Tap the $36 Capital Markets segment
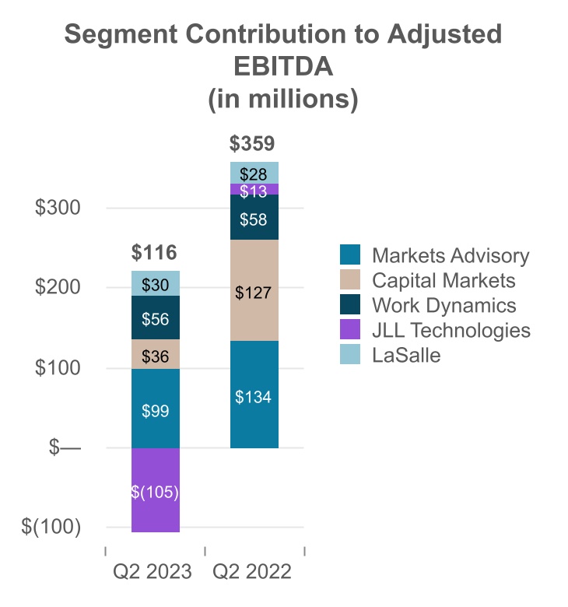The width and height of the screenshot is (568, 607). point(156,354)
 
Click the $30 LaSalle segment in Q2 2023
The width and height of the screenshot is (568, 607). point(156,284)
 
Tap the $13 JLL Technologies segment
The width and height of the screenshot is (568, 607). point(254,190)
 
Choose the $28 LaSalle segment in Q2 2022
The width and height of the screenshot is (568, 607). point(254,173)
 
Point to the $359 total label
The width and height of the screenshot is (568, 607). point(254,144)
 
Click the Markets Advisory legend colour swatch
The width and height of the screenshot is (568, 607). point(350,255)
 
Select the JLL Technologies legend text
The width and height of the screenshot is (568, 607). point(451,330)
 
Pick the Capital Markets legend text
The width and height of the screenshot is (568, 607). point(444,280)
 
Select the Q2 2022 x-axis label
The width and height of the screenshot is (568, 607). point(254,573)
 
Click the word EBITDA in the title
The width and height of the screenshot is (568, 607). point(283,67)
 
